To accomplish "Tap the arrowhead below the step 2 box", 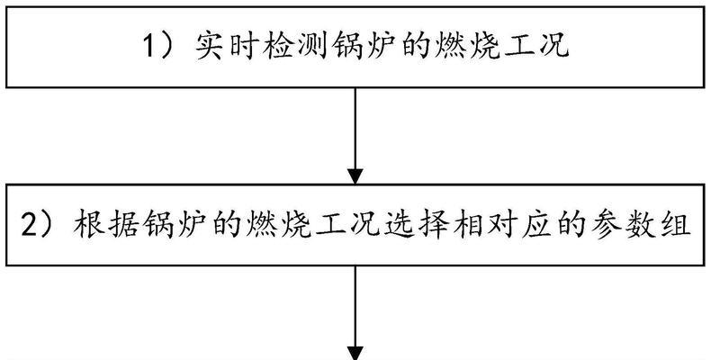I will (355, 351).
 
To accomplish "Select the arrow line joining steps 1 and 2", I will (355, 126).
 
